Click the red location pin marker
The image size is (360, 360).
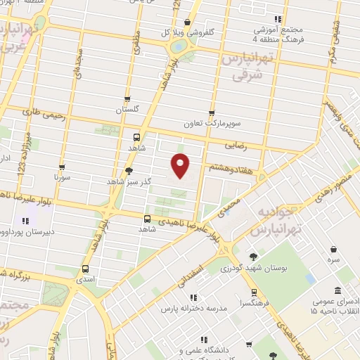tap(181, 165)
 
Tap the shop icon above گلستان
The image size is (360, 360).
tap(127, 99)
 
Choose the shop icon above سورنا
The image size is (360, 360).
tap(62, 167)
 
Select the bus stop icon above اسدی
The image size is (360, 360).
tap(86, 269)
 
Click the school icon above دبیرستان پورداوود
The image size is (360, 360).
tap(26, 221)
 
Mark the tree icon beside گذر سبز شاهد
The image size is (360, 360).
tap(128, 170)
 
